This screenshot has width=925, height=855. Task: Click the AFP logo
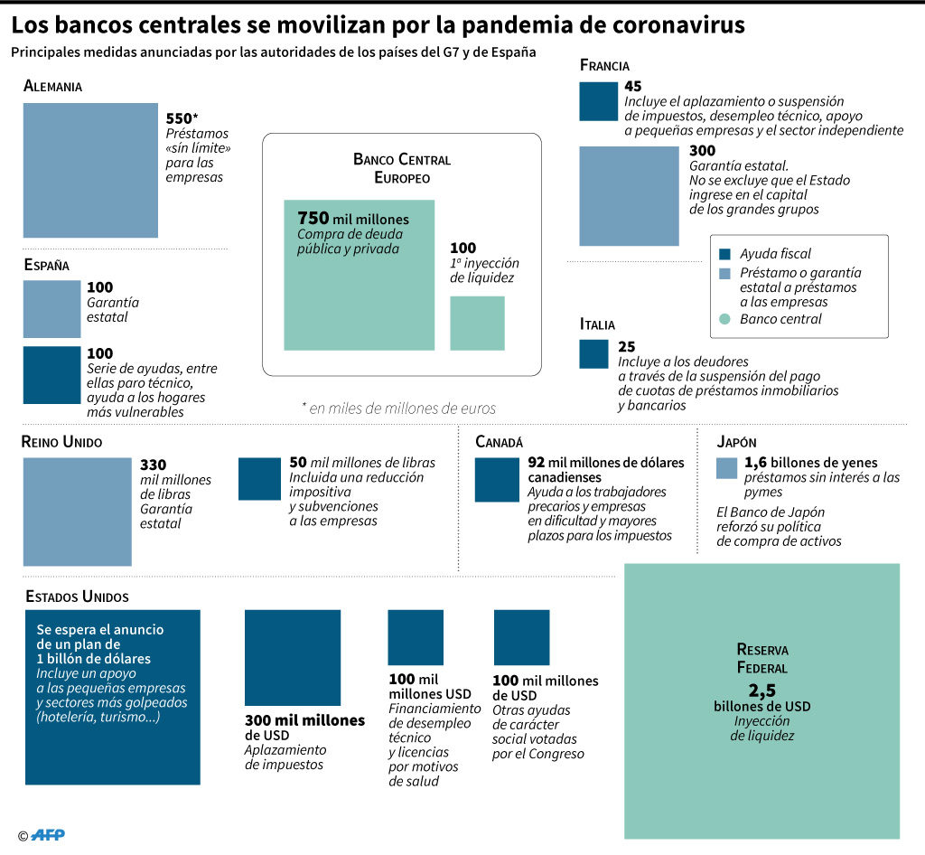47,835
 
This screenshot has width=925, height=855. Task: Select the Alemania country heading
52,86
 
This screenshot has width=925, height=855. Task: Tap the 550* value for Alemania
181,118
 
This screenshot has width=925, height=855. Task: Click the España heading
47,265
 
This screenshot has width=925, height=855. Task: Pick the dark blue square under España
51,375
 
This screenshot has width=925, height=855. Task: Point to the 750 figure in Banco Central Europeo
313,218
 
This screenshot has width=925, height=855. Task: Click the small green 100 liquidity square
477,324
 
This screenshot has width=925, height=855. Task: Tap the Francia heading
604,65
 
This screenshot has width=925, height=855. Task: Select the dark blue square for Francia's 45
599,101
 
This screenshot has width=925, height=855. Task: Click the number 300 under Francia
702,151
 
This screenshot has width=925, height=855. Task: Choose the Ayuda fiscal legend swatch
725,254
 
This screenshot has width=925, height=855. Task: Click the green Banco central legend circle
725,319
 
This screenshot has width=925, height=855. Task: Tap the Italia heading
597,324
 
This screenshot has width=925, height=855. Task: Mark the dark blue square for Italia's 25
594,354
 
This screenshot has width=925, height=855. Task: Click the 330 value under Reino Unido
153,465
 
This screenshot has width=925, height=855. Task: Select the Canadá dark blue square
498,480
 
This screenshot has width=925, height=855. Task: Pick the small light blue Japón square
727,468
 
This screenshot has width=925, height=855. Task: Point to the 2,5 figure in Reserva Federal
761,690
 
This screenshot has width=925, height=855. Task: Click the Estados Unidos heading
77,597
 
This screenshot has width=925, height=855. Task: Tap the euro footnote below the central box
398,409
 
